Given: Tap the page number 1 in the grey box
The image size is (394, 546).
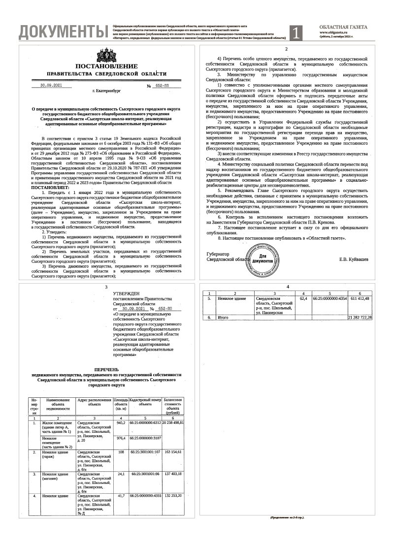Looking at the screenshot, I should [x=296, y=32].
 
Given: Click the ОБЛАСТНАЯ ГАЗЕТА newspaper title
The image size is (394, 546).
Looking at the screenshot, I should [x=343, y=28].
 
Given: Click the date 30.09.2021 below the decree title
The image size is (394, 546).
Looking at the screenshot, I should [x=50, y=85].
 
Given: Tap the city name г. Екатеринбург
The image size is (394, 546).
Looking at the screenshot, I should [x=106, y=92].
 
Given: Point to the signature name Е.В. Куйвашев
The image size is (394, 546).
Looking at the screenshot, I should [x=353, y=259].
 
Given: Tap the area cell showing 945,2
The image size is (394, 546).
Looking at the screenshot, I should [x=121, y=422].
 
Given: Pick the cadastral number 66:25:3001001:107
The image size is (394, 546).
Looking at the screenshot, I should [x=145, y=451].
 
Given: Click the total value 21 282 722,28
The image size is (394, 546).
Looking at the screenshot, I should [x=360, y=318].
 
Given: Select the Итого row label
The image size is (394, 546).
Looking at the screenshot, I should [x=225, y=318].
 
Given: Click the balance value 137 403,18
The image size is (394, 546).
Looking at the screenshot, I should [x=173, y=474].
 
